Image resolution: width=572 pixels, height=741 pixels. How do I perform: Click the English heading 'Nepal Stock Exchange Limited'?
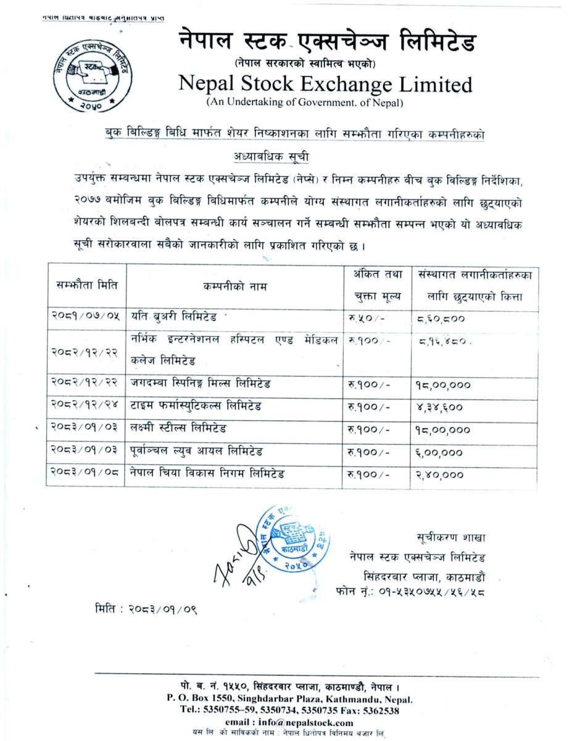pos(325,83)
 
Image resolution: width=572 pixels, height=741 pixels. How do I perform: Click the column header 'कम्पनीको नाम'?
pos(235,287)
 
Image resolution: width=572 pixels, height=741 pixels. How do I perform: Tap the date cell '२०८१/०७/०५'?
pos(86,319)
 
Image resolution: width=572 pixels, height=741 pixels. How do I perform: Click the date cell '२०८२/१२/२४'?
pos(86,406)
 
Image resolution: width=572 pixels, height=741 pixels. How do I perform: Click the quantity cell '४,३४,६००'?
pos(439,407)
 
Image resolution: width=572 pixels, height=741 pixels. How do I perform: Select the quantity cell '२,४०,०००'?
pos(439,474)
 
